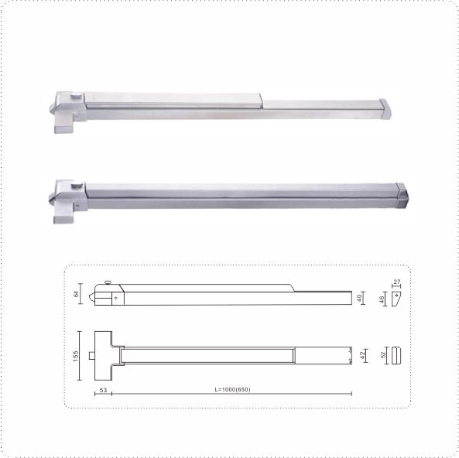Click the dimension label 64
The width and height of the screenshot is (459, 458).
(x=76, y=294)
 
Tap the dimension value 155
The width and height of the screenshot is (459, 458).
(x=76, y=356)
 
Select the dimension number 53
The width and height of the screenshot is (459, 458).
(x=104, y=390)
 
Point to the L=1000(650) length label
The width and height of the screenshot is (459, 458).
(x=232, y=389)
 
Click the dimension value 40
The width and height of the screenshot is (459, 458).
(x=359, y=298)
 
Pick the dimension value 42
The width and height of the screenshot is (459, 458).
(x=362, y=355)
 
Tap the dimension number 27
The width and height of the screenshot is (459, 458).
(x=396, y=282)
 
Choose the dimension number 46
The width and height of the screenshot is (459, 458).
(x=382, y=299)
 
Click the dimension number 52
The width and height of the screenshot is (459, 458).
(x=383, y=355)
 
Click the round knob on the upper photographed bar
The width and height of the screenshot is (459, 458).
(x=76, y=96)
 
